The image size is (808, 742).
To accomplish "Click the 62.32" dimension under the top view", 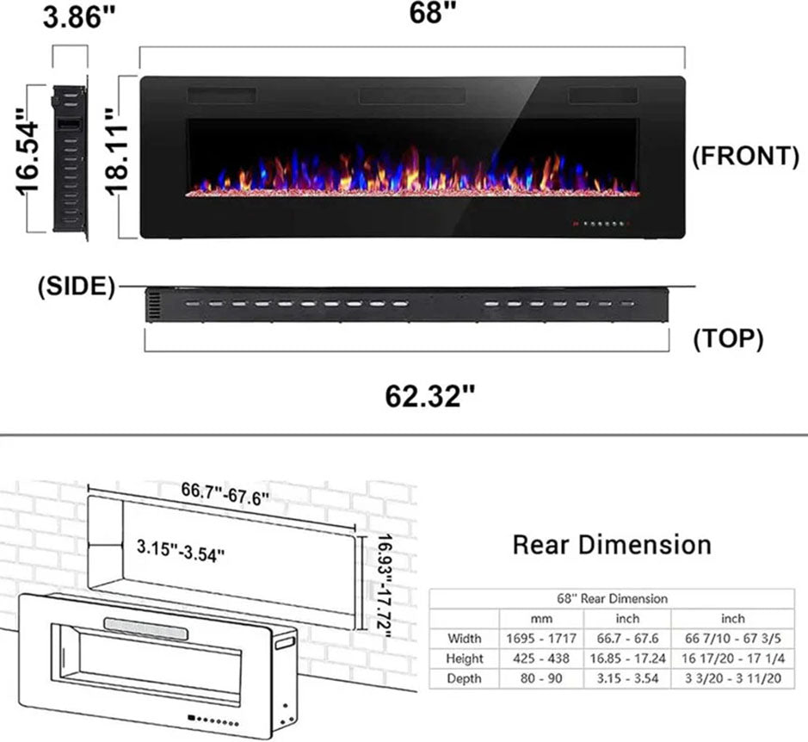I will click(430, 398).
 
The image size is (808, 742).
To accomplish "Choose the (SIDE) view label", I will click(77, 287).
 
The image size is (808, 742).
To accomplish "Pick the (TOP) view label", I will click(729, 340).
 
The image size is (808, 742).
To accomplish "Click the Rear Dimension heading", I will click(612, 544).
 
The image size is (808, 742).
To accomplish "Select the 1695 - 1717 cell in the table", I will click(541, 639).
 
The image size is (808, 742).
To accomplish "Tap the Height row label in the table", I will click(465, 659).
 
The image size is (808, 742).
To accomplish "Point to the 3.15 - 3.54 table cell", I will click(627, 679).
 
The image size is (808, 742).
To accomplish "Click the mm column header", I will click(541, 618).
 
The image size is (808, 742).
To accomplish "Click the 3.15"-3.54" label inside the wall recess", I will click(181, 548).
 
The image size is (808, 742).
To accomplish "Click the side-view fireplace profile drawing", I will click(70, 158).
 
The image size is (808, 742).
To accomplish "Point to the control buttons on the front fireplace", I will click(601, 225).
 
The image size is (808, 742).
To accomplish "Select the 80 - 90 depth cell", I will click(541, 679).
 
